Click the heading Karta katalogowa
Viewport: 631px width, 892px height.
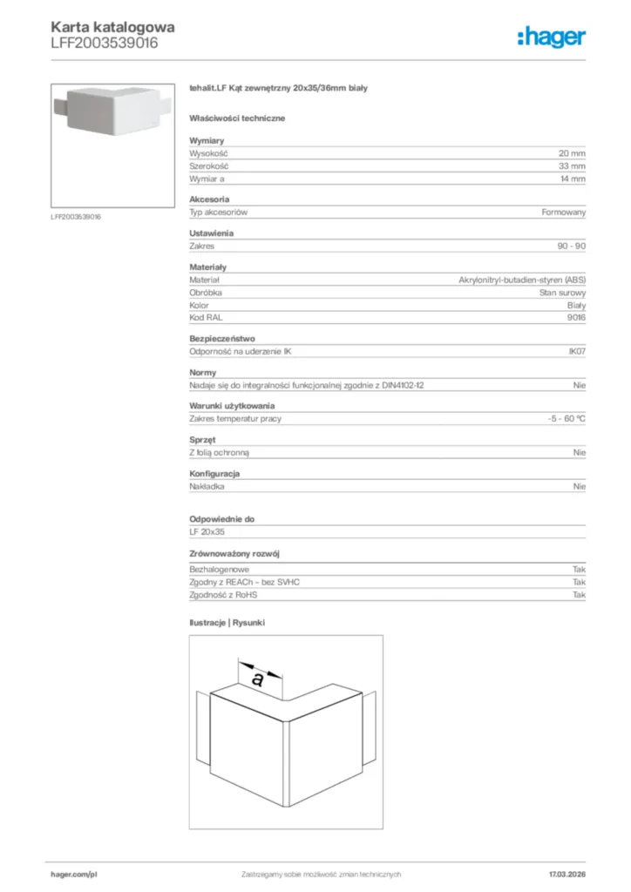112,27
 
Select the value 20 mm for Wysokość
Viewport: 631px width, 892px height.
572,153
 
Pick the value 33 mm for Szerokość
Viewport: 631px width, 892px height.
572,166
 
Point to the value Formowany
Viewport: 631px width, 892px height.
564,213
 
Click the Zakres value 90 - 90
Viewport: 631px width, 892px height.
571,247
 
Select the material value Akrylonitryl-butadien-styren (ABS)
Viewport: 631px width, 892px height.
522,280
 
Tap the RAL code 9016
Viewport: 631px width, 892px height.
576,318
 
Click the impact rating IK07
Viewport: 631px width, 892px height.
577,352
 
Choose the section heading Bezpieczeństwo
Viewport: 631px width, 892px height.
222,338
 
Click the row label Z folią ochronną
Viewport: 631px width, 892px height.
221,453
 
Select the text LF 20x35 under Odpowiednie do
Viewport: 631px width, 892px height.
207,531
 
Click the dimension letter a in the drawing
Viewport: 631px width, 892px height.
258,679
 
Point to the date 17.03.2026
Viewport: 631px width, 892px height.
567,874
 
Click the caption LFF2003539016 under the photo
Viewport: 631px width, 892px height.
76,216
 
